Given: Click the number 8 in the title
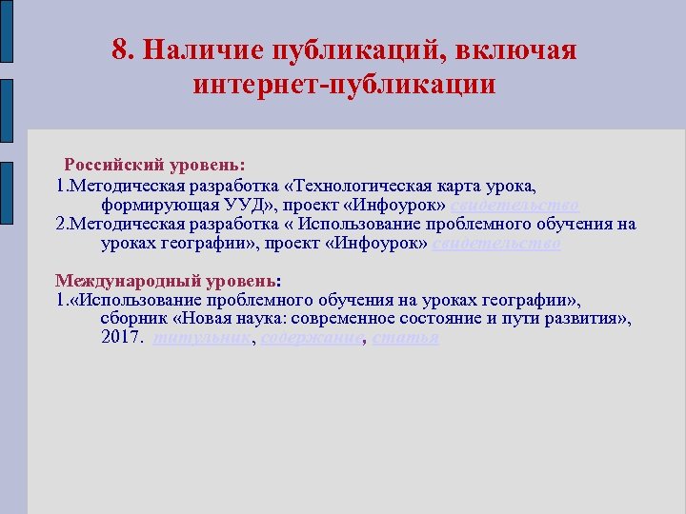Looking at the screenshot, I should coord(119,50).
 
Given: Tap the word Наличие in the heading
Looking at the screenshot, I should coord(197,50).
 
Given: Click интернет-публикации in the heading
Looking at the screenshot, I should coord(344,84).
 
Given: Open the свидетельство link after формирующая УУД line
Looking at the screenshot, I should coord(514,206).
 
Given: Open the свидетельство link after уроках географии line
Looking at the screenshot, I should coord(496,243).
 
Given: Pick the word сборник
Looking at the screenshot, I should coord(132,319).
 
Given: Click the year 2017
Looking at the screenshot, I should coord(121,338).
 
